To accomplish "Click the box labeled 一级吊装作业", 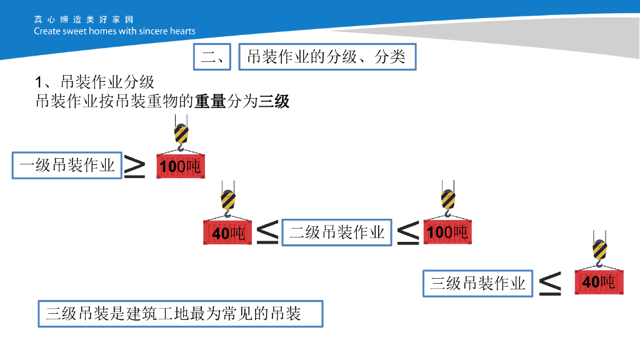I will coord(67,165).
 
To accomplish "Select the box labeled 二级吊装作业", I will coord(337,232).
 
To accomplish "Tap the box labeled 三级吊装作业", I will coord(477,283).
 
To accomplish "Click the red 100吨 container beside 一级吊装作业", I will coord(181,166).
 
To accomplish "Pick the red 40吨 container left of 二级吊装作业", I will coord(229,232).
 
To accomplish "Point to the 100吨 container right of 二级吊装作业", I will coord(447,232).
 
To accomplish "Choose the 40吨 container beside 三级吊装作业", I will coord(599,282).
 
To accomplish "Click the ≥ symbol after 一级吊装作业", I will coord(134,167).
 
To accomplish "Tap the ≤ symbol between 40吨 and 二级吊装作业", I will coord(267,232).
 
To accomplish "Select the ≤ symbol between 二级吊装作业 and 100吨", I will coord(408,232).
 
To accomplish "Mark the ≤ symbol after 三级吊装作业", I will coord(550,283).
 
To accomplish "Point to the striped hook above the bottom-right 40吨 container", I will coord(599,251).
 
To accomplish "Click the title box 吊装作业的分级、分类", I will coord(327,57).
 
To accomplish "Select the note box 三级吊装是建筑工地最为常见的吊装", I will coord(180,313).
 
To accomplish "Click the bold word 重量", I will coord(209,101).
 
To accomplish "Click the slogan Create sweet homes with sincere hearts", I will coord(114,31).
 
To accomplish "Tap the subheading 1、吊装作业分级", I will coord(94,82).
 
